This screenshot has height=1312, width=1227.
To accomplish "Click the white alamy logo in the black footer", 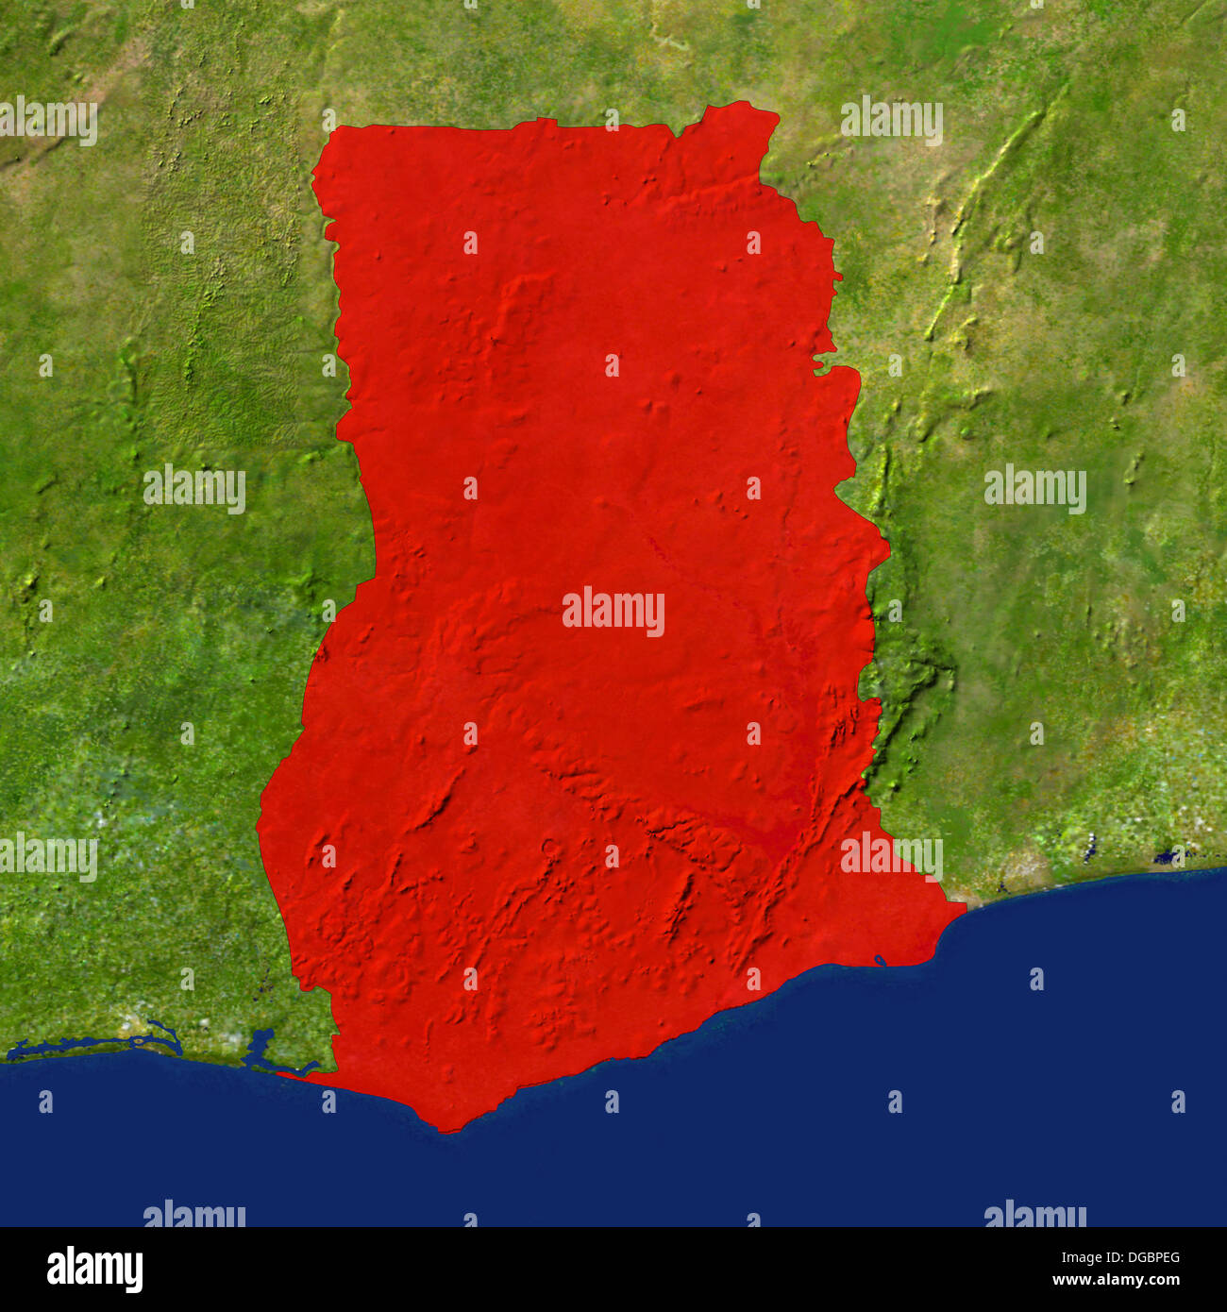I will (x=94, y=1269).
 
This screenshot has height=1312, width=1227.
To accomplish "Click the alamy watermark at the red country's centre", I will (x=613, y=611).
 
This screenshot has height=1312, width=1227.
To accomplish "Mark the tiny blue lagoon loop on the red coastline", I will (x=880, y=961).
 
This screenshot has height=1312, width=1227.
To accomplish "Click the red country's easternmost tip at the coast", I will (x=964, y=908).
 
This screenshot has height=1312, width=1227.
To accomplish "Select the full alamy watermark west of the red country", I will (x=194, y=489).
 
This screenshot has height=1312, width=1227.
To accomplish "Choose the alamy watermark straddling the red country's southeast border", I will (x=892, y=855).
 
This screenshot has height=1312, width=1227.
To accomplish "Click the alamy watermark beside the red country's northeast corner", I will (x=892, y=120).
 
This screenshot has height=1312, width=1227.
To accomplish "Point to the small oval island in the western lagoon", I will (x=140, y=1041).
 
